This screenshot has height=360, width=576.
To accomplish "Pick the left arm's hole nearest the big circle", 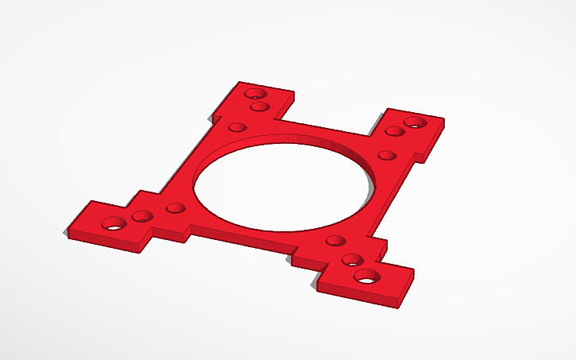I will (x=176, y=209).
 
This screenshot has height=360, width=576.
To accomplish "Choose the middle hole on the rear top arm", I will (x=257, y=107).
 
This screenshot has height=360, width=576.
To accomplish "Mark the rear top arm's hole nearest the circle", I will (x=237, y=126).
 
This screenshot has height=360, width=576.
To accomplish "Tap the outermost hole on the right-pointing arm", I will (x=415, y=122).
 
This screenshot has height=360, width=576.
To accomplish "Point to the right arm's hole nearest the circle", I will (x=386, y=155).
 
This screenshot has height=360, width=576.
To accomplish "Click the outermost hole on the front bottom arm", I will (x=366, y=277).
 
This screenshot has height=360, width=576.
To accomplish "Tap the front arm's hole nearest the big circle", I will (x=334, y=239).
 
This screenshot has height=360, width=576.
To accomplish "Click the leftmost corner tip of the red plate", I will (x=65, y=233).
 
